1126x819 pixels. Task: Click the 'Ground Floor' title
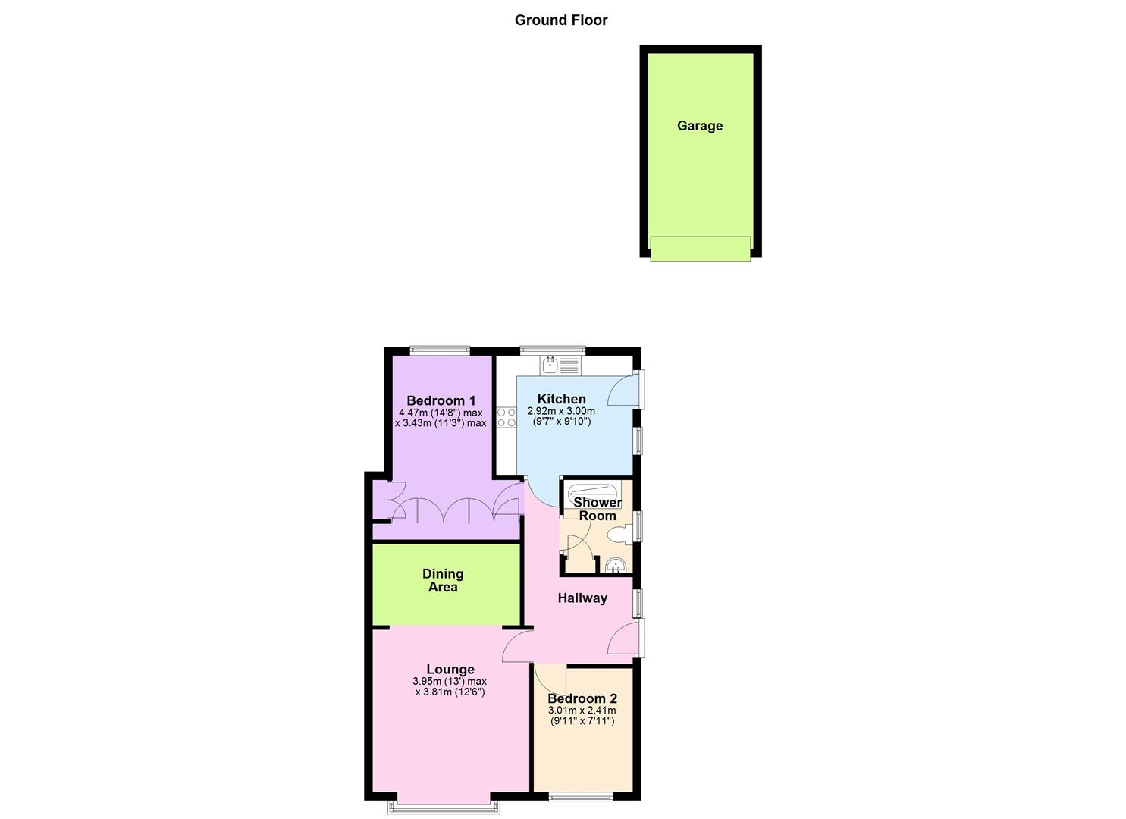(x=561, y=20)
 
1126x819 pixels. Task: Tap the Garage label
(x=699, y=126)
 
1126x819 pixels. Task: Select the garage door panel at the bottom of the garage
(x=700, y=249)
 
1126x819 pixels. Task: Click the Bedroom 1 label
(x=441, y=401)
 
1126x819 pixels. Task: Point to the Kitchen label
(x=561, y=399)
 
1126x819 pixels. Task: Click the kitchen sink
(x=560, y=366)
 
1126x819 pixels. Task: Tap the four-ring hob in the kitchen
(x=507, y=418)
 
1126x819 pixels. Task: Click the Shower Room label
(x=597, y=509)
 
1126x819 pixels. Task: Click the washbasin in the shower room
(x=616, y=565)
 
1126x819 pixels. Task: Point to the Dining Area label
(x=443, y=581)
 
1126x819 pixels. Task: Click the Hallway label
(x=582, y=598)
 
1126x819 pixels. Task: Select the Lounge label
(x=450, y=670)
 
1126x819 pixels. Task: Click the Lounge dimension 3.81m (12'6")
(x=450, y=692)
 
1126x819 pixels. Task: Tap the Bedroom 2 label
(x=582, y=699)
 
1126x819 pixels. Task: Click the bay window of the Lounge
(x=444, y=805)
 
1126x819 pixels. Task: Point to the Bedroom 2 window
(x=581, y=797)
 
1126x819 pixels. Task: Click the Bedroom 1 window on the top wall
(x=439, y=350)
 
